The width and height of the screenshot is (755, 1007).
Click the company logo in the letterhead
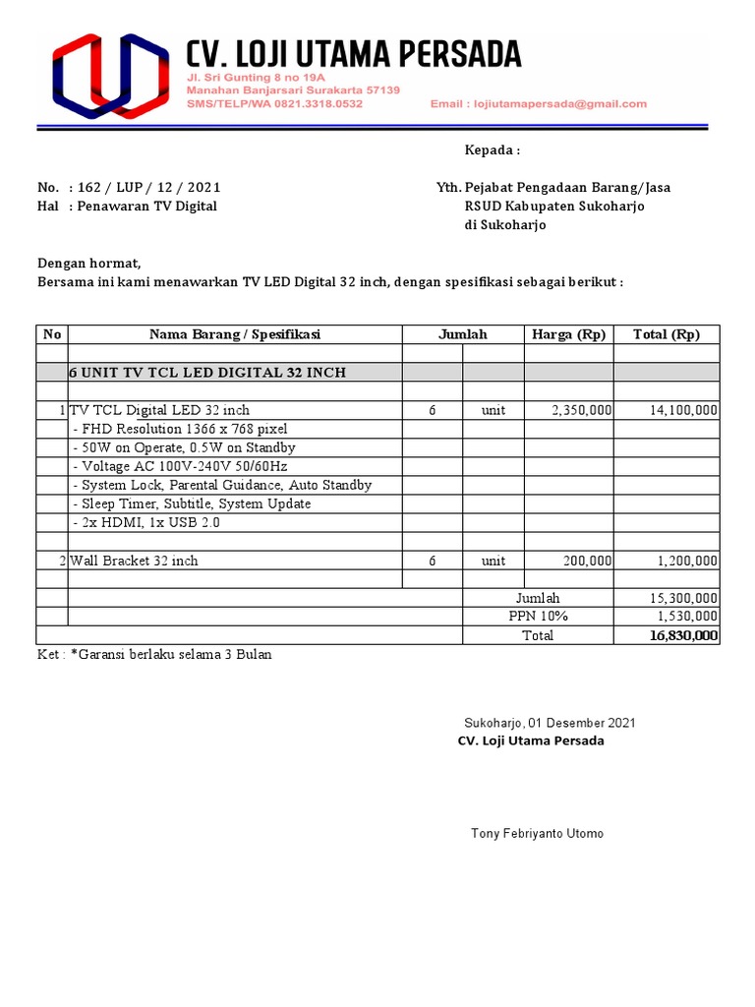109,76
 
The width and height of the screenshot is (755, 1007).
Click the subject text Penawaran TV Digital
146,206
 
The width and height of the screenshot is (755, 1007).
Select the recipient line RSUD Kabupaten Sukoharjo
554,206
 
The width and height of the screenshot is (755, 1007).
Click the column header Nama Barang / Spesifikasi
235,334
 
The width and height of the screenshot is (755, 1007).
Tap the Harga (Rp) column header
568,334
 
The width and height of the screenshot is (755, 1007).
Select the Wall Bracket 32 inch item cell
134,561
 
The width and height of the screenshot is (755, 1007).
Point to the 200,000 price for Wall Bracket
588,561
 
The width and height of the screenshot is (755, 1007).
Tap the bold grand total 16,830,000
683,635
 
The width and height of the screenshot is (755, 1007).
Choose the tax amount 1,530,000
687,617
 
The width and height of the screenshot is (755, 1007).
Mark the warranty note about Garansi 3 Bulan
154,654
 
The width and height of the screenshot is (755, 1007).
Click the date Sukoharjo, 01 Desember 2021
550,723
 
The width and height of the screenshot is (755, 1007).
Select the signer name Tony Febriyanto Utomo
538,834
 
